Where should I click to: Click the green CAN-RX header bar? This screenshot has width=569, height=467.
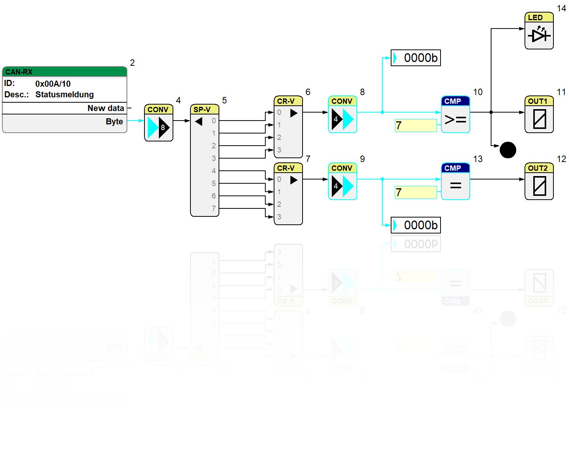65,71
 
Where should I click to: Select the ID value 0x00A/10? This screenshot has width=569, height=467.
53,84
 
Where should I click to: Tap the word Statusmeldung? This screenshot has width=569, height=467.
64,94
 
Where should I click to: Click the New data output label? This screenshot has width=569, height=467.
106,108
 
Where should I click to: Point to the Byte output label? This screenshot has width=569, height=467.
114,121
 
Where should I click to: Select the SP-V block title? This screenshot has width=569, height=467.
202,110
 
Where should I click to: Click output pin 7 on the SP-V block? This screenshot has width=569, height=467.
214,208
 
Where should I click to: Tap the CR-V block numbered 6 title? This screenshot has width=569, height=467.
286,101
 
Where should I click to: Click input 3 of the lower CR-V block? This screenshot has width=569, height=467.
279,217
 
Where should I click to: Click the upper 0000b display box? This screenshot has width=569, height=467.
416,58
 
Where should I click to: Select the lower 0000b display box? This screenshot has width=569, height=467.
416,225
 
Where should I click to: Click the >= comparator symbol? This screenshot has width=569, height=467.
455,119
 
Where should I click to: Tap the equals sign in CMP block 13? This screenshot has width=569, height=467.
455,186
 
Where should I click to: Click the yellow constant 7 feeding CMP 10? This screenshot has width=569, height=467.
416,125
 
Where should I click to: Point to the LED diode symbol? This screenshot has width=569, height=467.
539,35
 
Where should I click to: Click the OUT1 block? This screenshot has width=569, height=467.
539,115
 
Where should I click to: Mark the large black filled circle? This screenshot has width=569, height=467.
508,150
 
